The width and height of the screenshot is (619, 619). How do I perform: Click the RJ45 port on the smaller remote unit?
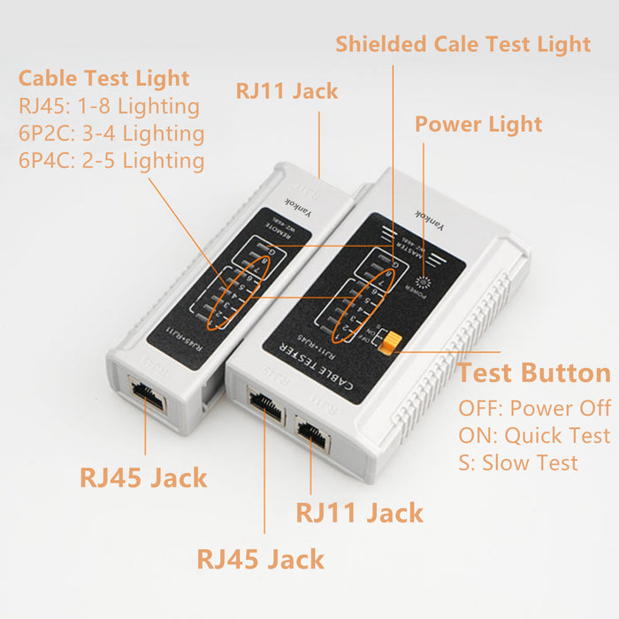coord(146,396)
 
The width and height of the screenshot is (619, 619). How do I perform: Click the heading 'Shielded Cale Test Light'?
coord(462,43)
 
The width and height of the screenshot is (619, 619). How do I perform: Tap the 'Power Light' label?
coord(478,124)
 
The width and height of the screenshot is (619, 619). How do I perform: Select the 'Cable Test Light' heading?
coord(104,78)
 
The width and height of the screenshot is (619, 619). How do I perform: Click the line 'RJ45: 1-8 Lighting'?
coord(109,106)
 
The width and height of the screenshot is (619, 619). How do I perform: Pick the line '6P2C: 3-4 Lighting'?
coord(111,134)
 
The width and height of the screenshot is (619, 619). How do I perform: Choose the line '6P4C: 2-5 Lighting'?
coord(111,161)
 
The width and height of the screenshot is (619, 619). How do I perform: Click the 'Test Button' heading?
coord(534,372)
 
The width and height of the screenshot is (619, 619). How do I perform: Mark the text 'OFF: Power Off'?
coord(534,409)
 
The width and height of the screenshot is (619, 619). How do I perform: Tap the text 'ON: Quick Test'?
coord(534,436)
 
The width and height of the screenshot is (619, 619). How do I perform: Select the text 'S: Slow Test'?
coord(518,462)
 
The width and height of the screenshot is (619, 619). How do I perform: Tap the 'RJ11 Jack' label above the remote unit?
coord(287,90)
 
